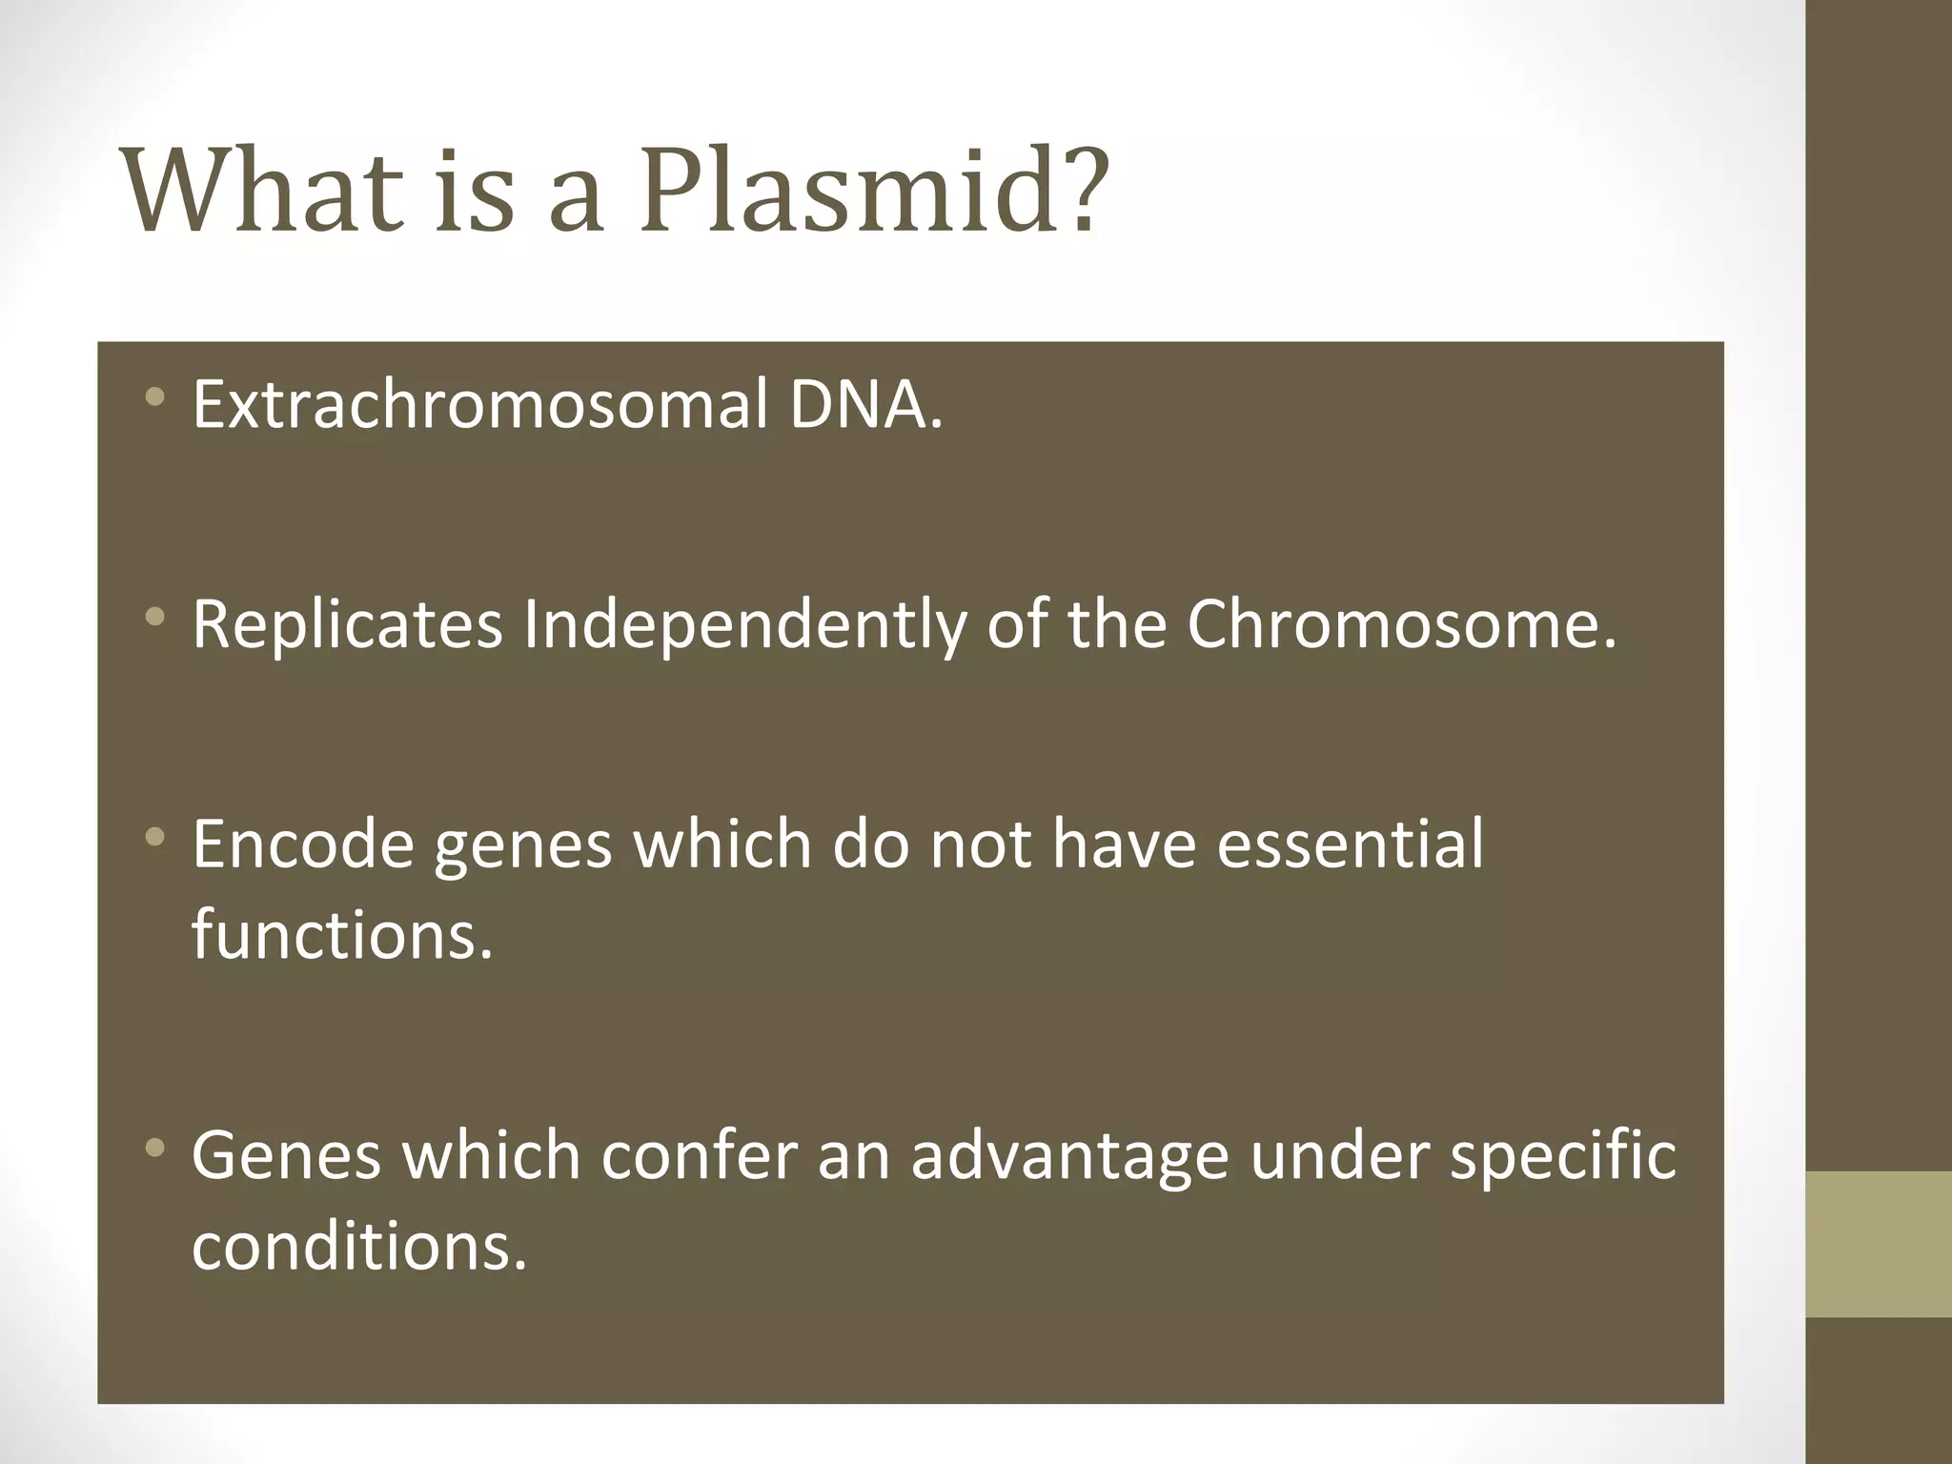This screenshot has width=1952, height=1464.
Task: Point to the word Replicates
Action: (347, 625)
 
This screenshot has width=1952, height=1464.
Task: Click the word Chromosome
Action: (1401, 625)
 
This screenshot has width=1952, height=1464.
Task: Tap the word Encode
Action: (303, 844)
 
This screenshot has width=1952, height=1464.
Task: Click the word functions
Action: (342, 934)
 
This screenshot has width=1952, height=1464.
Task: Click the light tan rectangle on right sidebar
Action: (1879, 1244)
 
